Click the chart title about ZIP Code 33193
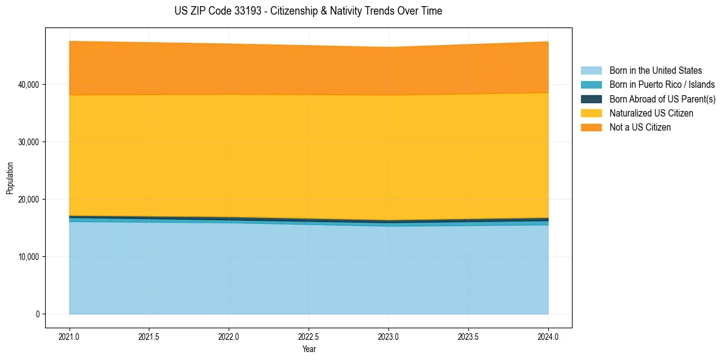(309, 11)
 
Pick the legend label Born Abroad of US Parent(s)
(662, 99)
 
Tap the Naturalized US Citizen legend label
(651, 113)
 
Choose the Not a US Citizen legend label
(640, 128)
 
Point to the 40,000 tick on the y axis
(29, 85)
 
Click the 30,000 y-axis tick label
(29, 142)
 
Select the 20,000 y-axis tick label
(29, 200)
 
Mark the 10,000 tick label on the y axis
(29, 257)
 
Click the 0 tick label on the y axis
(37, 314)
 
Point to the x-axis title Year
(309, 350)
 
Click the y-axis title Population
(10, 178)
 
